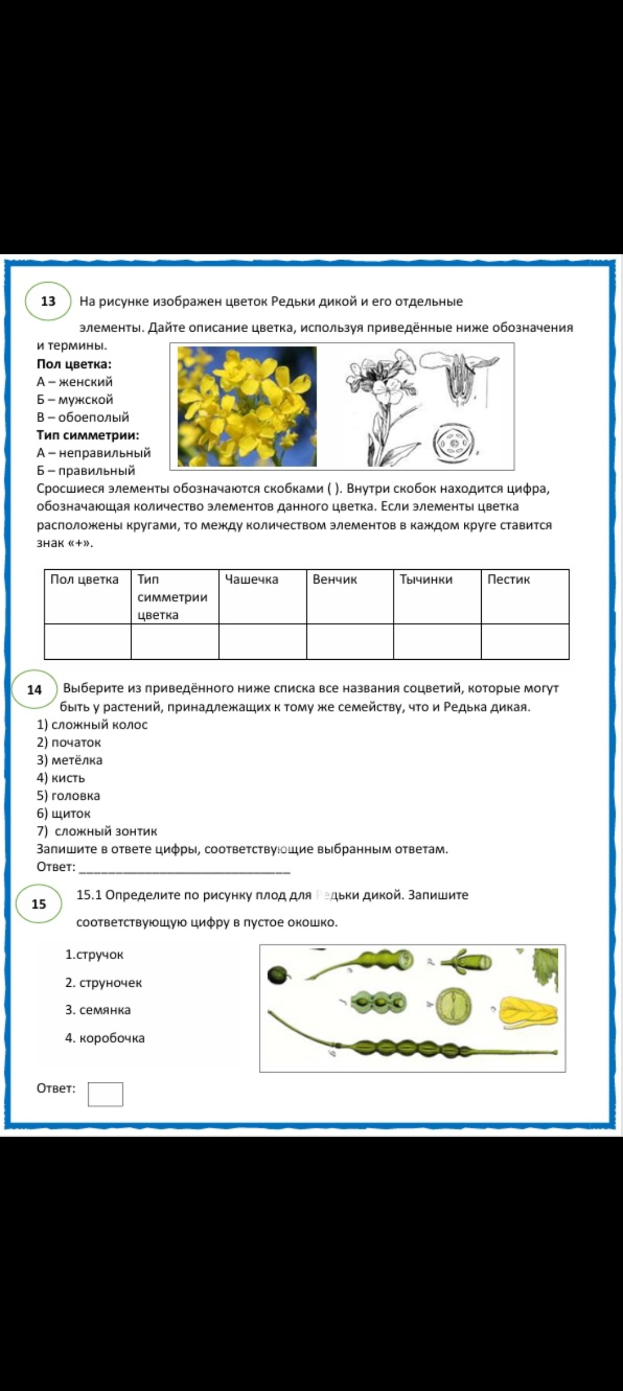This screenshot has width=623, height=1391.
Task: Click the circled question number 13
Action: point(48,301)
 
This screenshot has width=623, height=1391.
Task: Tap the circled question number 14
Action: point(35,690)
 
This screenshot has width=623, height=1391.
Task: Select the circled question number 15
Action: point(39,904)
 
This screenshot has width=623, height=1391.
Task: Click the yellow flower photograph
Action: point(247,406)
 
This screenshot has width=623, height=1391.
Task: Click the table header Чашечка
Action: point(252,580)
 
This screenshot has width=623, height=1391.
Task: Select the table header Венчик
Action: point(335,580)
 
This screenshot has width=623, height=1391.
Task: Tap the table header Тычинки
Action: point(426,580)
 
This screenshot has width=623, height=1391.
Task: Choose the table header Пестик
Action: point(508,580)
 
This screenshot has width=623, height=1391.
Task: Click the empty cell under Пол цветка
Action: point(88,641)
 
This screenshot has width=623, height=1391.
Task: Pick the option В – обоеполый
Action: point(83,417)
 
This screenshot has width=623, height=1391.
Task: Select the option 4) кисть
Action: point(61,778)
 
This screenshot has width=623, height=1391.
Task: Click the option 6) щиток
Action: point(63,814)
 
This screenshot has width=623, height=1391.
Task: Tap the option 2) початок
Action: point(69,742)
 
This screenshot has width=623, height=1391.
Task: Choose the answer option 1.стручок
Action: point(94,954)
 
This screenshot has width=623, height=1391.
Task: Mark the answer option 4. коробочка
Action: point(104,1038)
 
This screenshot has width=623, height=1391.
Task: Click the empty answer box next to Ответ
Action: point(105,1094)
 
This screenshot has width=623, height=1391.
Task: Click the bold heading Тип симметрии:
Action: point(88,435)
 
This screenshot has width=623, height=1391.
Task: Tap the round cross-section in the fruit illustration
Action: point(454,1006)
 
